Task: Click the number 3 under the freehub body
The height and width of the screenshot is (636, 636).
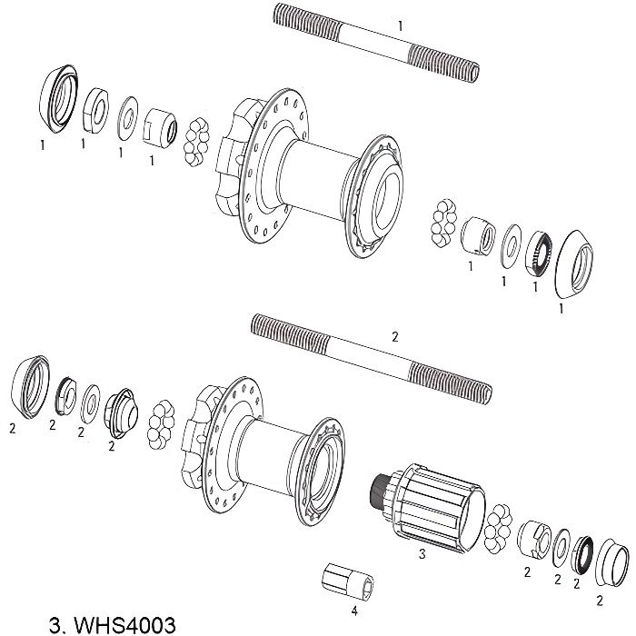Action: (x=421, y=552)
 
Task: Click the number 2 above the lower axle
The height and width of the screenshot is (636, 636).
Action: (x=394, y=336)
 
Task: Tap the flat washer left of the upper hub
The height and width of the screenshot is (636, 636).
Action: (x=125, y=115)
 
